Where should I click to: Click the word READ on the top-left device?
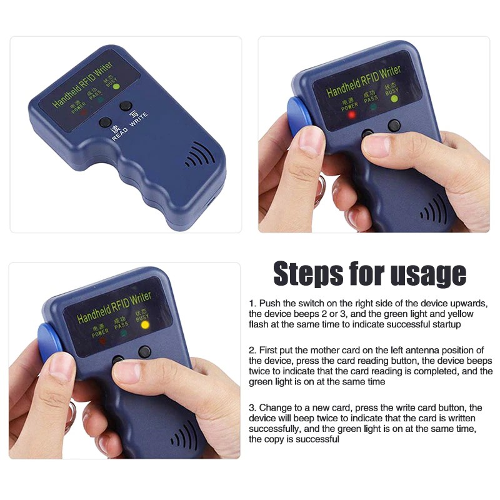(120, 134)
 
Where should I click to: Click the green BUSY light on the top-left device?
(116, 86)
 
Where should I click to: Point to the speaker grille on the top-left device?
(199, 155)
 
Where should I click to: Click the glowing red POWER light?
(352, 115)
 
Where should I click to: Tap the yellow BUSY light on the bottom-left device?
(145, 325)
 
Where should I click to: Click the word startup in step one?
(446, 324)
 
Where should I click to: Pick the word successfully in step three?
(274, 429)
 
